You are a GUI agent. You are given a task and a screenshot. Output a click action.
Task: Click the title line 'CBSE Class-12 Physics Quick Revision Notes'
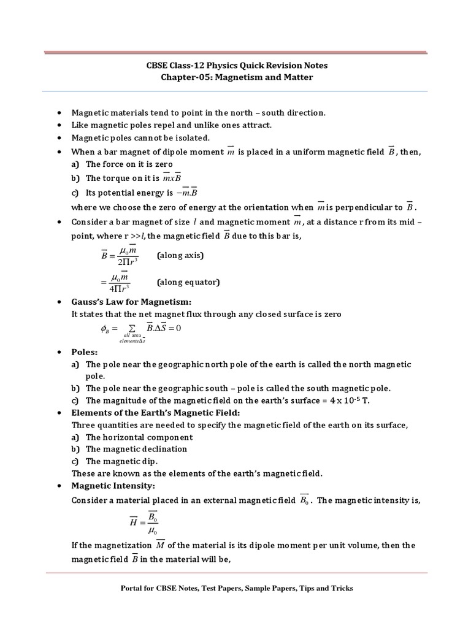(x=235, y=66)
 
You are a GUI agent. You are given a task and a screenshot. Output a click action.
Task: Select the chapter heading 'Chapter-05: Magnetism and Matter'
(x=235, y=78)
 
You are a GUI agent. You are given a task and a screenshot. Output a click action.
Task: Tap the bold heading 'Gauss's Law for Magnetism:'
(x=132, y=302)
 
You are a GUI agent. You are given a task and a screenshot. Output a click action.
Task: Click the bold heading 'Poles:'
(x=85, y=352)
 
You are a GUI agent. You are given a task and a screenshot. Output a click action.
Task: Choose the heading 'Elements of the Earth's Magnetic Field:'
(x=156, y=412)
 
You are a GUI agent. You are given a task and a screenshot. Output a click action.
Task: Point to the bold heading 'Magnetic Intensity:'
(x=110, y=485)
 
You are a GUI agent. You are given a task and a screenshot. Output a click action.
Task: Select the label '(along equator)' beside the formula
(x=188, y=282)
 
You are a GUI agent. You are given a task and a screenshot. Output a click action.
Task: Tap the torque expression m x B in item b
(x=172, y=178)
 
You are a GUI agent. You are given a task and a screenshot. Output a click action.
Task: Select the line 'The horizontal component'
(x=139, y=437)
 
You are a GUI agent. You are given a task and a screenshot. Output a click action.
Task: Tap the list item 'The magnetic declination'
(x=136, y=449)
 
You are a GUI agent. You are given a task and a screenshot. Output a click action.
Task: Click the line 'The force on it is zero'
(x=129, y=164)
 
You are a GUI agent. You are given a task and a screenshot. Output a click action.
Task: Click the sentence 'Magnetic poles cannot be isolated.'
(x=140, y=137)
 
